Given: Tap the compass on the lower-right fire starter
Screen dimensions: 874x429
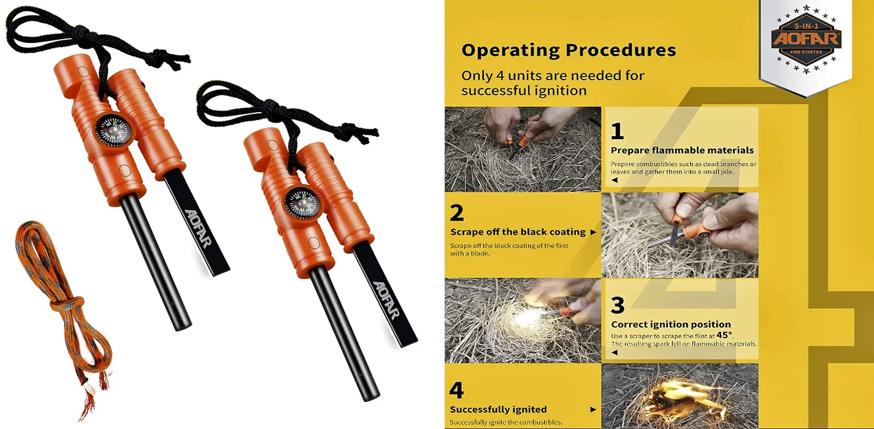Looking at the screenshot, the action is point(303,204).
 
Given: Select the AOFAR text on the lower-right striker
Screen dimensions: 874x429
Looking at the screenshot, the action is point(386,300).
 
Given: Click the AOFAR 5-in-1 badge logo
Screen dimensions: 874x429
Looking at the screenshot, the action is point(806,39).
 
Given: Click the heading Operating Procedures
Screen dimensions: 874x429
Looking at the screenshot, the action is point(569,51).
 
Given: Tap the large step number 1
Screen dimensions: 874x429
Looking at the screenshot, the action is point(617,131).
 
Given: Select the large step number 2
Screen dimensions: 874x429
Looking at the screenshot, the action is point(457,213).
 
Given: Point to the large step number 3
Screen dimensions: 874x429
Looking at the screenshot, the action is point(618,305).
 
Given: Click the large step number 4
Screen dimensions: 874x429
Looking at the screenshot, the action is point(456,390).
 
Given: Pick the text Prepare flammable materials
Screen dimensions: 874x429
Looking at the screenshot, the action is point(683,151).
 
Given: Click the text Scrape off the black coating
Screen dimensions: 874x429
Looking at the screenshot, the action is point(518,232).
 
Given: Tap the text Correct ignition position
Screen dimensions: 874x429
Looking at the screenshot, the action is point(671,324).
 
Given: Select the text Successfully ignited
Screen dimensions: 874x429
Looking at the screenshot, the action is point(498,409).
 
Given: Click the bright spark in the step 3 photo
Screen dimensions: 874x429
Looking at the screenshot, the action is point(527,314).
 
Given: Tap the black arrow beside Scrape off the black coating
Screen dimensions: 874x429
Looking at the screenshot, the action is point(593,232).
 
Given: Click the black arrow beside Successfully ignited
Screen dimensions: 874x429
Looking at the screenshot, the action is point(593,409).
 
